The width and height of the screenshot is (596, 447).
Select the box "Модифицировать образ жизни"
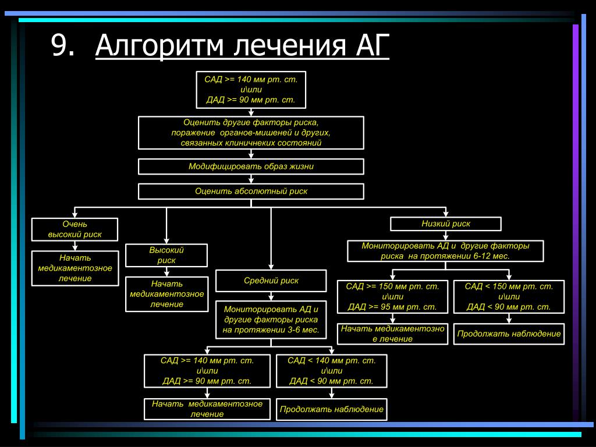pyautogui.click(x=251, y=166)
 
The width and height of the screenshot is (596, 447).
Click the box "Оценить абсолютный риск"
pyautogui.click(x=251, y=191)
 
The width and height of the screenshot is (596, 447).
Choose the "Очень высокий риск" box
pyautogui.click(x=74, y=229)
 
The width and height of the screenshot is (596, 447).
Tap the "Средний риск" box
pyautogui.click(x=271, y=281)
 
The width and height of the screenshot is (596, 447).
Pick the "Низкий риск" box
pyautogui.click(x=445, y=223)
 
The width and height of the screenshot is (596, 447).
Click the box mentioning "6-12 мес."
pyautogui.click(x=445, y=251)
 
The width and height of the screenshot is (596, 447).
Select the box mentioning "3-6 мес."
pyautogui.click(x=271, y=320)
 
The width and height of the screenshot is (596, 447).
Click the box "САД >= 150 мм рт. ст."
pyautogui.click(x=392, y=297)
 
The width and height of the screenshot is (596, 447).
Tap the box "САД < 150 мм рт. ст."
pyautogui.click(x=509, y=297)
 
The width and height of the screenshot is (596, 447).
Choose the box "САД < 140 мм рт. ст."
pyautogui.click(x=331, y=371)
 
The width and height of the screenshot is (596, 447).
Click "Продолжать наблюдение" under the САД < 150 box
pyautogui.click(x=509, y=334)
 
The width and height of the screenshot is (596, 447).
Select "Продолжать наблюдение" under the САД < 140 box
pyautogui.click(x=331, y=409)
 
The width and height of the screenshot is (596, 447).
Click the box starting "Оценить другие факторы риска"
pyautogui.click(x=251, y=133)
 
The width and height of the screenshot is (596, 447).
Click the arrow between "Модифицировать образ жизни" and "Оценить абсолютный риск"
pyautogui.click(x=251, y=179)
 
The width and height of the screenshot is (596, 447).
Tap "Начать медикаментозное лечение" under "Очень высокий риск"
pyautogui.click(x=74, y=268)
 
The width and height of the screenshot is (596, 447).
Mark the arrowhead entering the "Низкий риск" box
pyautogui.click(x=445, y=214)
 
